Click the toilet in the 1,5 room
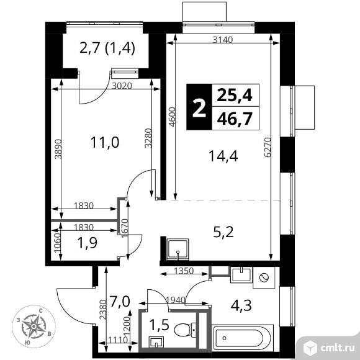185,330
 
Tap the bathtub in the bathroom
243,338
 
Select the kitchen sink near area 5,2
178,250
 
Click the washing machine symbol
264,277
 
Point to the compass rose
34,326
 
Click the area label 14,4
223,156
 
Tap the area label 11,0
105,142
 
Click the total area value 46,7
235,119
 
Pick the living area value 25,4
235,95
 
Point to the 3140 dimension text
223,40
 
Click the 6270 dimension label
268,147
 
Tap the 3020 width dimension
122,86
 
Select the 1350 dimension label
184,271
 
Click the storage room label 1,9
88,243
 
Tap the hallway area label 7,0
120,302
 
